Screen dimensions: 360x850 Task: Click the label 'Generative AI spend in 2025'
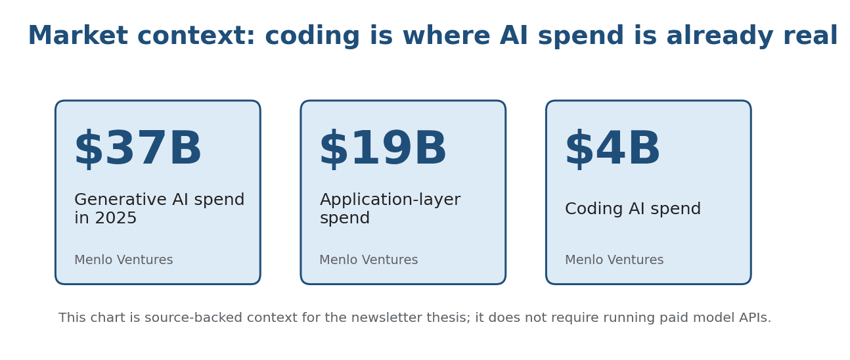click(159, 209)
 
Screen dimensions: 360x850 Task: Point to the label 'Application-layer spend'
click(390, 209)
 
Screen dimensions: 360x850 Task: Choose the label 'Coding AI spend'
click(633, 210)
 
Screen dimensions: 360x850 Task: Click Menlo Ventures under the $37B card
click(123, 260)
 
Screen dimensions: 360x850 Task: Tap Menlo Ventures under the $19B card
click(369, 260)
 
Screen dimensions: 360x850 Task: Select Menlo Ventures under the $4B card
click(614, 260)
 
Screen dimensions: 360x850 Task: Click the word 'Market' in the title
click(78, 37)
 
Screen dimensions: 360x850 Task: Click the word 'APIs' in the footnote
click(755, 318)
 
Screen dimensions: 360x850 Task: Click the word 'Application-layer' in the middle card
click(390, 200)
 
